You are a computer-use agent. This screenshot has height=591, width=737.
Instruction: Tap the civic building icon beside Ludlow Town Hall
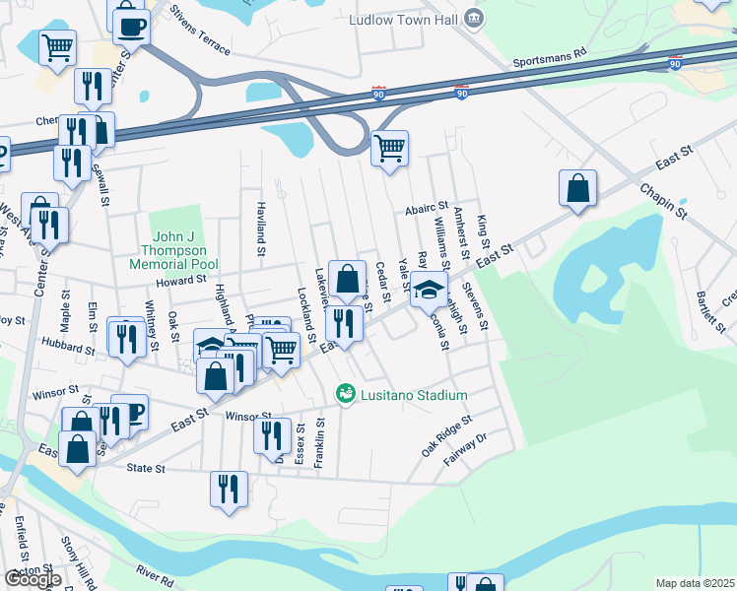474,19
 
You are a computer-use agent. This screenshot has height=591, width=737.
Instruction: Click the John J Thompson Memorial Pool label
173,250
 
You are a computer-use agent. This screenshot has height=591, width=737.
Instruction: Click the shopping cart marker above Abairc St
390,149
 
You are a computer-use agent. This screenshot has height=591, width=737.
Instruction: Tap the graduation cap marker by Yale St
429,290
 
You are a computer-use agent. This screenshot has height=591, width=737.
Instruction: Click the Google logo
33,579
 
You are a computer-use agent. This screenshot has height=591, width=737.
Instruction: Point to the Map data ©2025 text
695,583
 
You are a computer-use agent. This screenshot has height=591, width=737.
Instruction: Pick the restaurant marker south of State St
229,489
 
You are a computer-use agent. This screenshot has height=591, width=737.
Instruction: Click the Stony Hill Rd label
77,562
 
